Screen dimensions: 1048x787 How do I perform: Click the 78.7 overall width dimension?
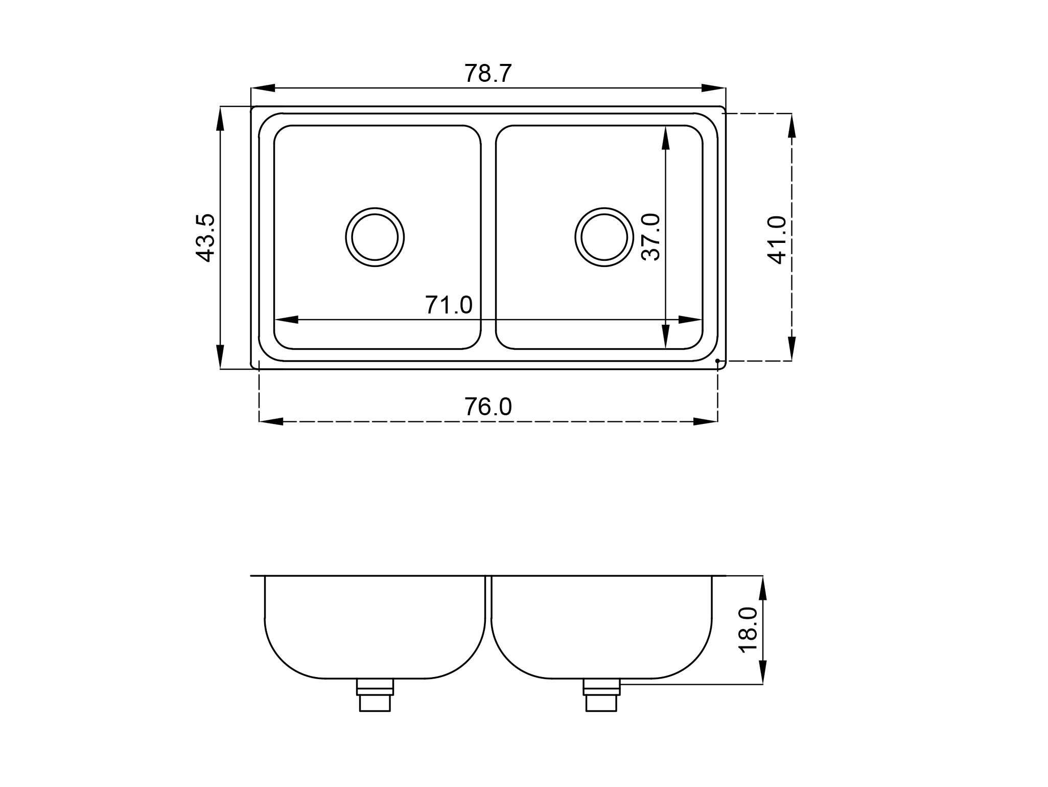(487, 74)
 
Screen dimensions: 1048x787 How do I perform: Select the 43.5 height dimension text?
(205, 238)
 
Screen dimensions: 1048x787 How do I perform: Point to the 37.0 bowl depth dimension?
(650, 237)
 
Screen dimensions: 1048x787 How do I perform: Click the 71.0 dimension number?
(449, 305)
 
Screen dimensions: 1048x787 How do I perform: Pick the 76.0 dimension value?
(488, 407)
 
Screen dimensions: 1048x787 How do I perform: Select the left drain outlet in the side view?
(375, 695)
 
